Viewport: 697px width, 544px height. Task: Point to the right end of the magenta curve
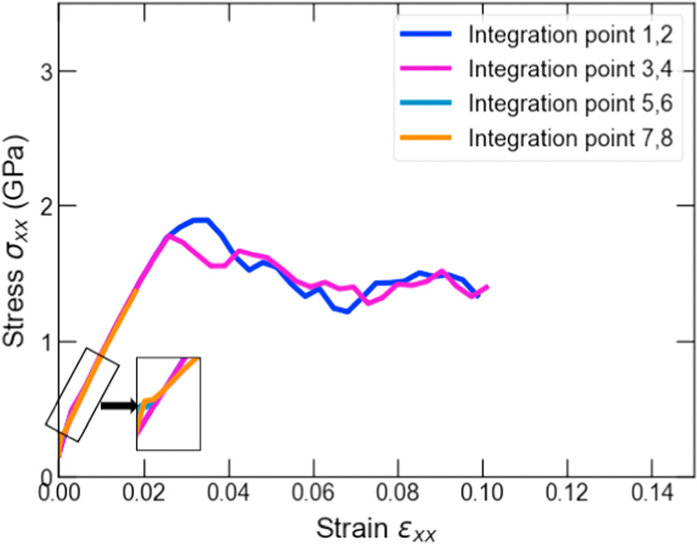tap(487, 286)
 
